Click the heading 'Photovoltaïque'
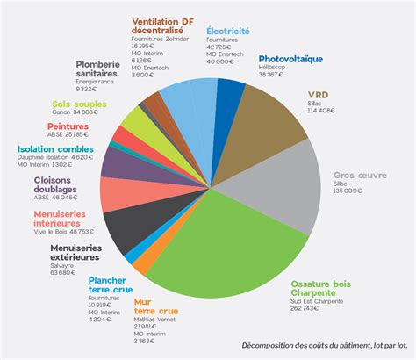(290, 59)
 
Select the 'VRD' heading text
(318, 94)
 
